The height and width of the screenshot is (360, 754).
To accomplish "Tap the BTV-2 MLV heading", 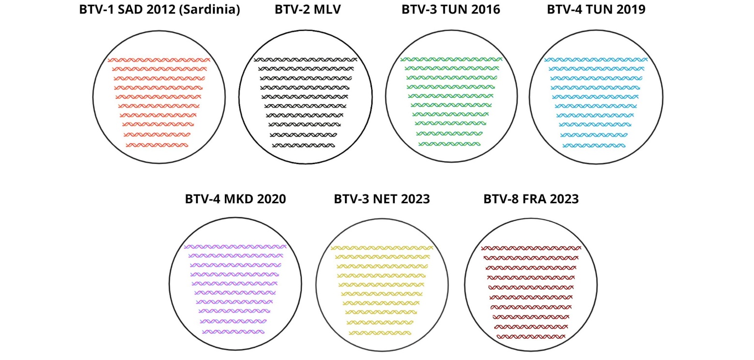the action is [308, 9].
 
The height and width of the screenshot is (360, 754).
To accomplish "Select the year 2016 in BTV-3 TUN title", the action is [486, 9].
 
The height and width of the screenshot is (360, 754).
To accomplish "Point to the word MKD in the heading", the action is [238, 199].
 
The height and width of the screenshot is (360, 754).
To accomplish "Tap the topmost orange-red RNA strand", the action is [159, 60].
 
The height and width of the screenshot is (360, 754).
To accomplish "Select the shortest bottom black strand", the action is [304, 146].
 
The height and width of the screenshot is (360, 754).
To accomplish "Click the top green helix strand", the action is [451, 60].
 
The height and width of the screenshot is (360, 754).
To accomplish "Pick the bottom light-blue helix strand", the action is [594, 146].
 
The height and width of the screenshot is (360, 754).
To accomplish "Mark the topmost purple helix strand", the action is [235, 247].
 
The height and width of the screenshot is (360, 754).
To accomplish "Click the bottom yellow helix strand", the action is [380, 333].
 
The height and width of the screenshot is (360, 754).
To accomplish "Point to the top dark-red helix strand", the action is [531, 249].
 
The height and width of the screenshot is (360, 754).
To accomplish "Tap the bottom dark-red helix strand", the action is [531, 337].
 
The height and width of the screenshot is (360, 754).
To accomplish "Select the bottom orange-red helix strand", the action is [157, 146].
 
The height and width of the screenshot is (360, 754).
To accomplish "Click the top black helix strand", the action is [306, 60].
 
